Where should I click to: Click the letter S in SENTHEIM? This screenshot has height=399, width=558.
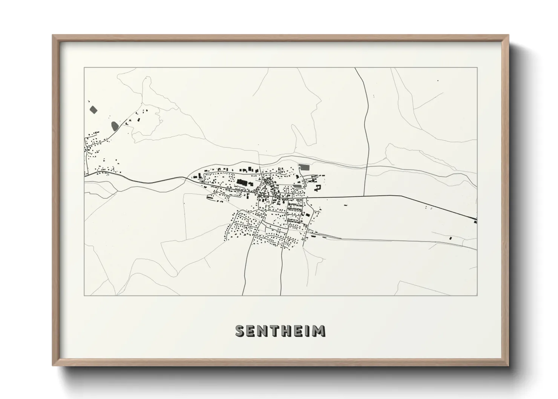(240, 331)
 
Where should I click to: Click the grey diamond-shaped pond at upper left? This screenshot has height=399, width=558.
(93, 110)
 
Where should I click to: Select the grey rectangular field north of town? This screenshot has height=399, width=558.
(304, 166)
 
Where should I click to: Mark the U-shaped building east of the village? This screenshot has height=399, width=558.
(318, 187)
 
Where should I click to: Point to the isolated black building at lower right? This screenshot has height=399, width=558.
(451, 238)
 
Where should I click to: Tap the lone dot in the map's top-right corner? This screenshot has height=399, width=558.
(438, 81)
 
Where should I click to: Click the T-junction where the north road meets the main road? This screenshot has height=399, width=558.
(364, 195)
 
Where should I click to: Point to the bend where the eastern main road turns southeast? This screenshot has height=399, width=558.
(400, 196)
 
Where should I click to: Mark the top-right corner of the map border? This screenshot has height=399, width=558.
(477, 68)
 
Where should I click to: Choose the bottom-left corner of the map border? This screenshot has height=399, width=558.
(84, 295)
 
